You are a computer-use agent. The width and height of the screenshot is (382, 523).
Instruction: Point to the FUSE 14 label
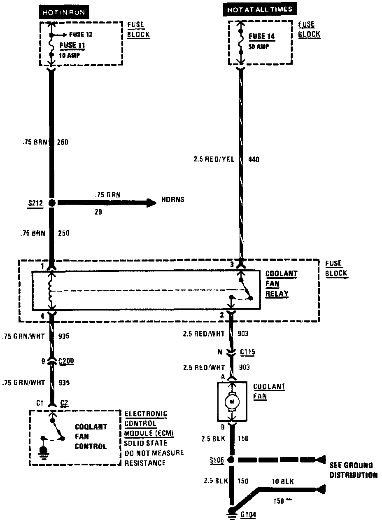[x=262, y=36]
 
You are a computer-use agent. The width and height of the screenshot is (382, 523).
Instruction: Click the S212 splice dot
[x=52, y=203]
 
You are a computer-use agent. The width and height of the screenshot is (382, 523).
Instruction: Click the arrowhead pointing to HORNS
[x=151, y=202]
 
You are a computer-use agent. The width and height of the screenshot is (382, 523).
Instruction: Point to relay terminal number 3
[x=232, y=264]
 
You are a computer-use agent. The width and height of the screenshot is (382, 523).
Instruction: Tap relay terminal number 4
[x=43, y=316]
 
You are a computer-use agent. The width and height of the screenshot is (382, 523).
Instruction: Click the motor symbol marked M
[x=232, y=401]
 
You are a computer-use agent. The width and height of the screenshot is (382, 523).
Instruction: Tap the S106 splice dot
[x=231, y=460]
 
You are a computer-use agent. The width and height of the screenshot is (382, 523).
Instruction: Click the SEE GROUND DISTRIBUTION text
[x=353, y=470]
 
